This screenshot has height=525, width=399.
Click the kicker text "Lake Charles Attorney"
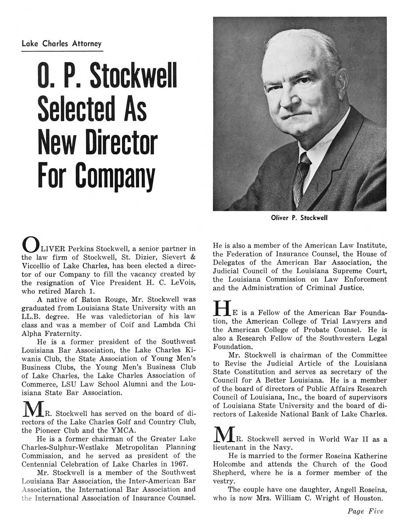pos(61,44)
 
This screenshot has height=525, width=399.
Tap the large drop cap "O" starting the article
pos(30,245)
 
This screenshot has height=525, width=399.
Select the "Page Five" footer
pos(366,511)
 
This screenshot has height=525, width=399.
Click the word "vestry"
pos(223,481)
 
